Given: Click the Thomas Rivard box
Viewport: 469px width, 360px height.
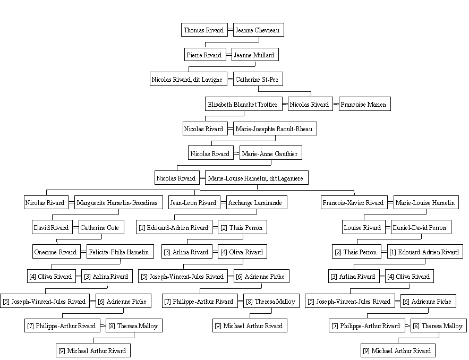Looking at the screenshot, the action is [x=204, y=30].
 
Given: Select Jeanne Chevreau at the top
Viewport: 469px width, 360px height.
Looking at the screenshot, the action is [x=259, y=30].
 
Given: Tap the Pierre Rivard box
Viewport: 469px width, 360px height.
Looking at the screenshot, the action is [x=205, y=54].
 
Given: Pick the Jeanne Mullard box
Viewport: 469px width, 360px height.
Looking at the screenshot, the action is [x=255, y=54].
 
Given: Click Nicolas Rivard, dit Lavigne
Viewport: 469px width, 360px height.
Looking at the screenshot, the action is [x=189, y=79].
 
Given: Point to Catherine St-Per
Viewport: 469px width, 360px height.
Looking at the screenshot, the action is [x=258, y=79].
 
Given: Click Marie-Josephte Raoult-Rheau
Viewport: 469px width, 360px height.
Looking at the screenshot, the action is [x=275, y=128].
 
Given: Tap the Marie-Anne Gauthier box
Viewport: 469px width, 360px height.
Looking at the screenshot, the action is [x=271, y=153].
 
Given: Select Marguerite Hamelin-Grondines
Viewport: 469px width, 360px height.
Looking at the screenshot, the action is [x=118, y=202].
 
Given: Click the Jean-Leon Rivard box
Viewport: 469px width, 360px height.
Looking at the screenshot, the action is [x=194, y=202].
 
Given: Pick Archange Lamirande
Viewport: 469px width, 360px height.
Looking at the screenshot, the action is [x=257, y=202].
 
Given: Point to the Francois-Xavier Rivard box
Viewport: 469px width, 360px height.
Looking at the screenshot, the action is [x=354, y=202].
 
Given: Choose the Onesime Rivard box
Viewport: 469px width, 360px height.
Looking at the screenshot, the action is [x=56, y=252].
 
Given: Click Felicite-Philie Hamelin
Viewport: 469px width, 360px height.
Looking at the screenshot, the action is [x=120, y=252].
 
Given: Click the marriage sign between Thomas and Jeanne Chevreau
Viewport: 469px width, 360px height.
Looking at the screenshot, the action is [x=231, y=30].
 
